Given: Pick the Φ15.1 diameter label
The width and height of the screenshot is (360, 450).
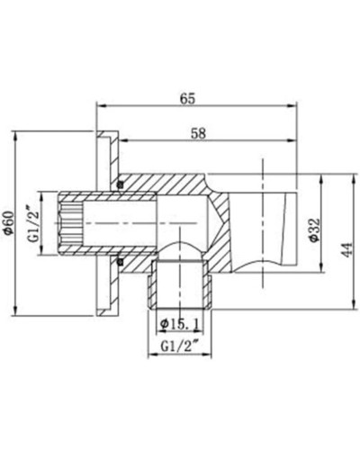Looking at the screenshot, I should point(180,322).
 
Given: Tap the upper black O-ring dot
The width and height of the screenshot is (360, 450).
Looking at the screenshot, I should point(119,186).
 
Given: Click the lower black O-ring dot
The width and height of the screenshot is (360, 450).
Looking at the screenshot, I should point(119,261).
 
